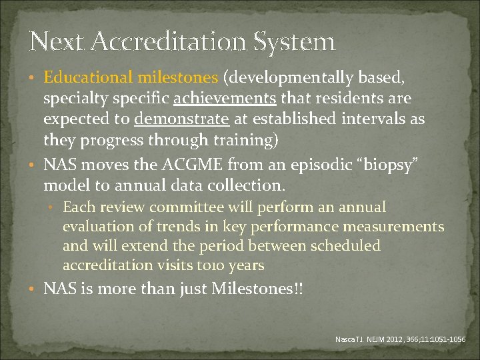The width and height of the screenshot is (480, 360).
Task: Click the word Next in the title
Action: [52, 42]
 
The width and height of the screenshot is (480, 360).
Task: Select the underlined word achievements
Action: [225, 99]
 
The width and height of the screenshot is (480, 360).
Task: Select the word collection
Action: [245, 185]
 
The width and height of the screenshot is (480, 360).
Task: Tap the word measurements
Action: [393, 227]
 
